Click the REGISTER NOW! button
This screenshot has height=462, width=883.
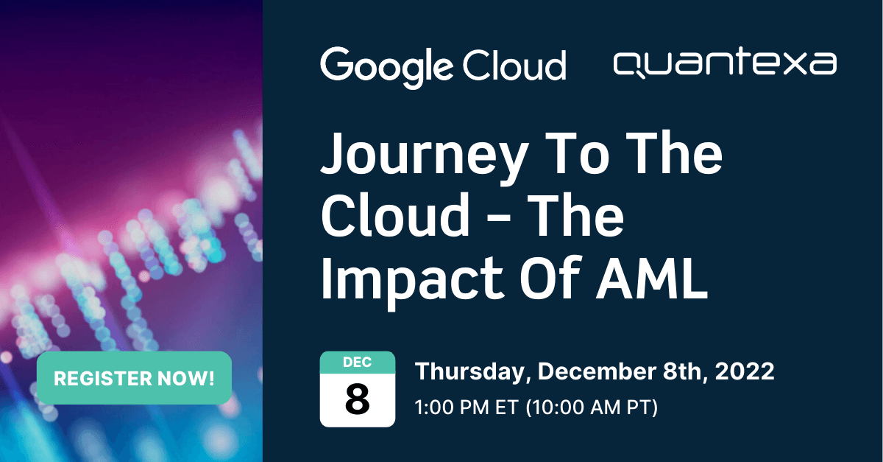[134, 379]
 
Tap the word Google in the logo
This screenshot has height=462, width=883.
[386, 65]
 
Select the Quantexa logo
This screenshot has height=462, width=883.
[724, 64]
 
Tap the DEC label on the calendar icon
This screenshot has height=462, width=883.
[357, 363]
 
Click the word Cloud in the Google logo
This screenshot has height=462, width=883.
[515, 65]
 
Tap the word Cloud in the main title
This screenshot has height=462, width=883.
[394, 218]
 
